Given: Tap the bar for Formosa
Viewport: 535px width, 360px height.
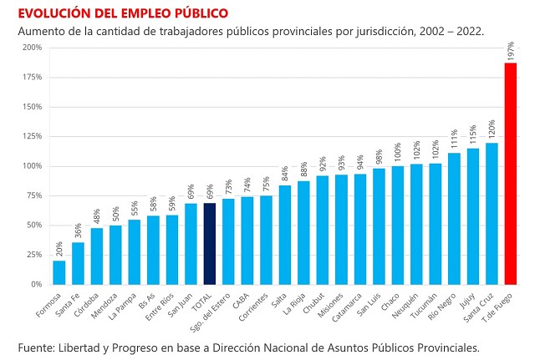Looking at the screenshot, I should [x=59, y=272].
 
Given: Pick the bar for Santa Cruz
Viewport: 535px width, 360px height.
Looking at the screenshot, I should [x=492, y=214].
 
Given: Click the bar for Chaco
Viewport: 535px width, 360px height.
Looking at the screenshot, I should [x=398, y=226].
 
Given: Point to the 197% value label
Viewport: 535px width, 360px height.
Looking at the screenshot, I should [x=511, y=51].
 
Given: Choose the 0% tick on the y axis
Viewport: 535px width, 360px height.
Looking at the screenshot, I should [x=35, y=285].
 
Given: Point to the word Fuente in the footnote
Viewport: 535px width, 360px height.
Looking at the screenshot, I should [x=38, y=346].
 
